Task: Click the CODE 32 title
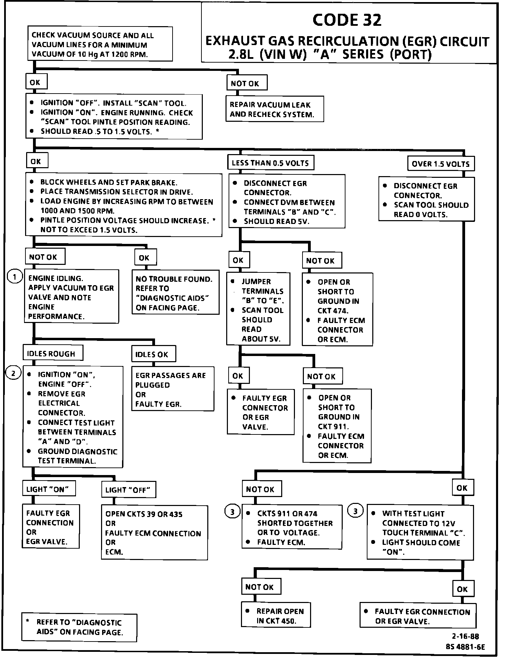pos(347,20)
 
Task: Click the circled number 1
pos(14,277)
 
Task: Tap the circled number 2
pos(13,373)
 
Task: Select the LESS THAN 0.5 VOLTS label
pos(270,163)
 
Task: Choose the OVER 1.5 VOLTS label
pos(440,164)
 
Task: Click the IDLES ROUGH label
pos(51,354)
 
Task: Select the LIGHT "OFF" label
pos(128,490)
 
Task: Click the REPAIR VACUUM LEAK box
pos(274,109)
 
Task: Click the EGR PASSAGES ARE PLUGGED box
pos(173,389)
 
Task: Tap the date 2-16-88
pos(465,636)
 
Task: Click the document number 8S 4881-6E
pos(465,647)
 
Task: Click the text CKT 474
pos(333,311)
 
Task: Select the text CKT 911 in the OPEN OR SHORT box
pos(333,427)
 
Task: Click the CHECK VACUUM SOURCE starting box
pos(99,44)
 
